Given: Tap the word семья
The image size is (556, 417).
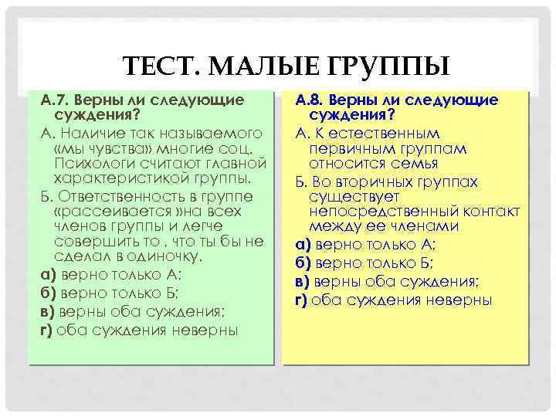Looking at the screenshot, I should (417, 163).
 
